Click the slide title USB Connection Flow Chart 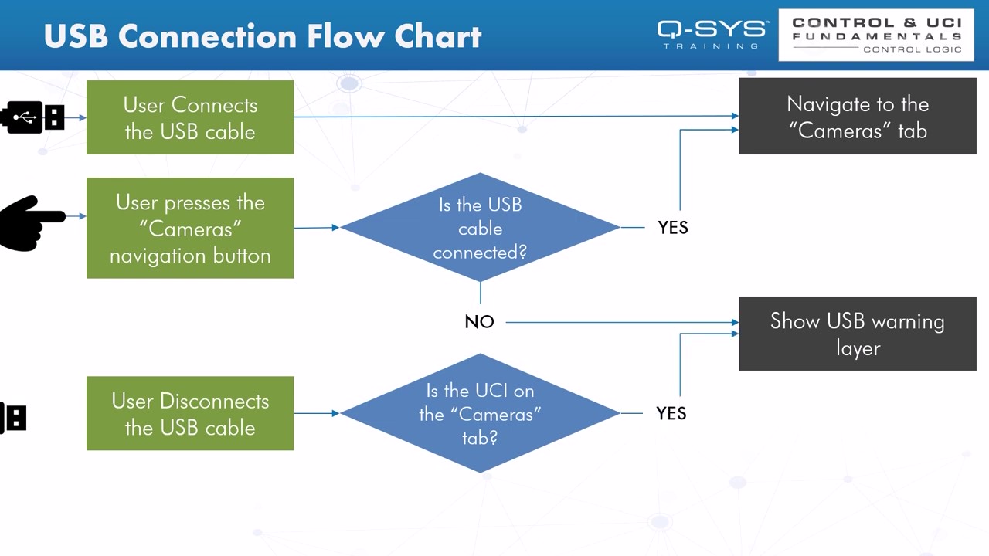coord(263,36)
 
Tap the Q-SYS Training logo coord(712,34)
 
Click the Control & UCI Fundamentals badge coord(876,35)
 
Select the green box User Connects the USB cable coord(190,117)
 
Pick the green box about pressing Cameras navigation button coord(190,228)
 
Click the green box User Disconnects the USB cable coord(190,413)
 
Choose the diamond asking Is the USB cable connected coord(480,228)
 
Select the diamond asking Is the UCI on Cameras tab coord(480,413)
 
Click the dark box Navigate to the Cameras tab coord(858,117)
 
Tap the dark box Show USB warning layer coord(858,334)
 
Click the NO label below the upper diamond coord(479,322)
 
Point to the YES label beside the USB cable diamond coord(672,228)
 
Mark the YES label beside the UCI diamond coord(671,414)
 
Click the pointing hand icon coord(31,222)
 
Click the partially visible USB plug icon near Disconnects coord(14,418)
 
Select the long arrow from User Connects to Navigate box coord(510,117)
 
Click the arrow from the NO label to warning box coord(618,322)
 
